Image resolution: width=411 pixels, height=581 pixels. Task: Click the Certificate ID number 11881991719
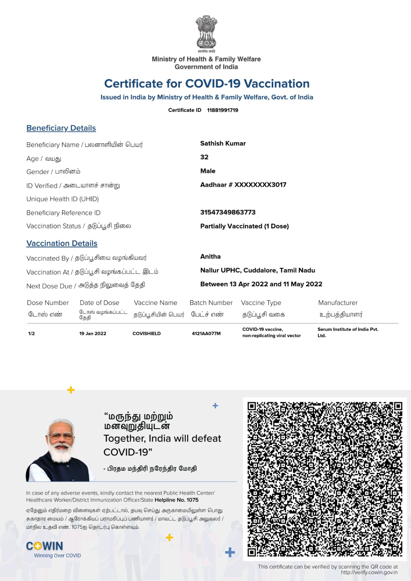click(223, 110)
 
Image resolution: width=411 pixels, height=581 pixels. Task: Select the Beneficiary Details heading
click(61, 128)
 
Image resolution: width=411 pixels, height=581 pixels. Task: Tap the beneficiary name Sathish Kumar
click(223, 143)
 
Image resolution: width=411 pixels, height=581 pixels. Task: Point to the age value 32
click(204, 157)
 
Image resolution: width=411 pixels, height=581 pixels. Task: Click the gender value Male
click(208, 171)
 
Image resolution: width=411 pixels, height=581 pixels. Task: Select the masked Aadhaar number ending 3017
click(243, 185)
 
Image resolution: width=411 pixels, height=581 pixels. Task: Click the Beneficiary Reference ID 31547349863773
click(228, 212)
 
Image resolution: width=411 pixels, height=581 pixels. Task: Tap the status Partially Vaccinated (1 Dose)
click(244, 226)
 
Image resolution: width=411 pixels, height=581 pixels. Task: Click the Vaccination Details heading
click(62, 243)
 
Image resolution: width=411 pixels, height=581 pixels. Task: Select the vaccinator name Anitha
click(210, 257)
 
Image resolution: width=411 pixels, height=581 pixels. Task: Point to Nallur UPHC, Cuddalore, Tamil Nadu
click(258, 270)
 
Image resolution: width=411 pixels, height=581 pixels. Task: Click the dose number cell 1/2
click(32, 333)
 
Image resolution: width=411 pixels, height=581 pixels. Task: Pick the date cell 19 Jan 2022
click(93, 333)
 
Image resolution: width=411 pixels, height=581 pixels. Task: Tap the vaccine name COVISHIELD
click(147, 333)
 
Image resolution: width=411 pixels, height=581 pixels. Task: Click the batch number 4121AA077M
click(206, 333)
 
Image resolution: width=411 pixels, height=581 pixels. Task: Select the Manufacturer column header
click(338, 303)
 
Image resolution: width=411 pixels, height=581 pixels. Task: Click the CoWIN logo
click(45, 546)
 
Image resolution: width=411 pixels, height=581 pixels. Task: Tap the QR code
click(325, 479)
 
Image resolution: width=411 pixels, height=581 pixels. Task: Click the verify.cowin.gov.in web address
click(369, 573)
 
